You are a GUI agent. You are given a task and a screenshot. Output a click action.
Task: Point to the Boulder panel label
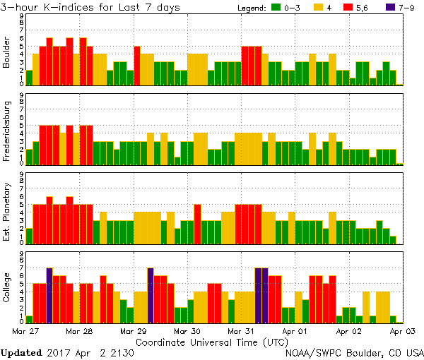coord(7,53)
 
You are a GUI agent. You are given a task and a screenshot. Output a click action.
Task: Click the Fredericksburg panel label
coord(7,131)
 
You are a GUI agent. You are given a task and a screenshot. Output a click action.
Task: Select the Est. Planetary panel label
coord(7,210)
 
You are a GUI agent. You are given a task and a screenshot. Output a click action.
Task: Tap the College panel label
coord(7,288)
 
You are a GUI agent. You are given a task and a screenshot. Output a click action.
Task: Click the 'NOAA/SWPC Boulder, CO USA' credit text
coord(354,352)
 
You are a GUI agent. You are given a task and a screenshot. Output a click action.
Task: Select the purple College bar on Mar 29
coord(151,294)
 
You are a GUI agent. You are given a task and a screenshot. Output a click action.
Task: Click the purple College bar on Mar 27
coord(49,294)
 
